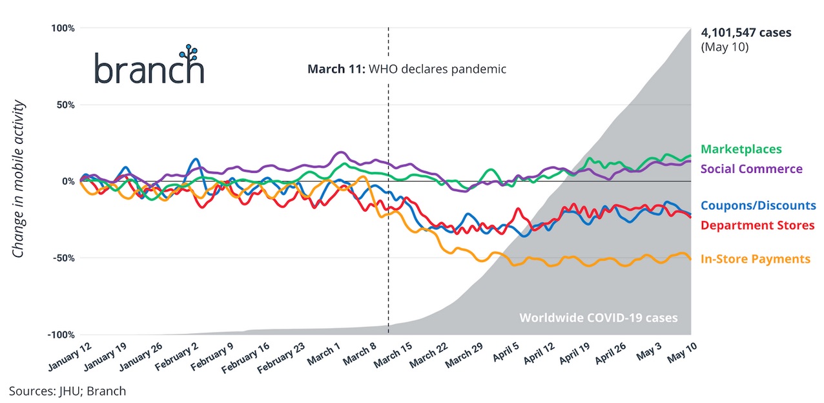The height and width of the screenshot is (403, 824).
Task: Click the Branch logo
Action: pyautogui.click(x=149, y=66)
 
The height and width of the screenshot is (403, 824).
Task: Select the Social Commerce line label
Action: pyautogui.click(x=751, y=169)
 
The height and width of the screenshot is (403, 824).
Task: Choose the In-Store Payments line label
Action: pyautogui.click(x=755, y=259)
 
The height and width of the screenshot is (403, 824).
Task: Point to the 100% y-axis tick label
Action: pyautogui.click(x=63, y=28)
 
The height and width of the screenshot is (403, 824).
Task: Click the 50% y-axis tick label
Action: pyautogui.click(x=65, y=105)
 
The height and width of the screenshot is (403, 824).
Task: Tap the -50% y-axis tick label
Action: pyautogui.click(x=64, y=258)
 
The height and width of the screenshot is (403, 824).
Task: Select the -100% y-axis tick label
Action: pyautogui.click(x=61, y=335)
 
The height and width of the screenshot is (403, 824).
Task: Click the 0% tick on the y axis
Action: pyautogui.click(x=68, y=181)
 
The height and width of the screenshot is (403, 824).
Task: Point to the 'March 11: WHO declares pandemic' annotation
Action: pyautogui.click(x=407, y=68)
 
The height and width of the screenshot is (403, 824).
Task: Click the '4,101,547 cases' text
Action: pyautogui.click(x=746, y=32)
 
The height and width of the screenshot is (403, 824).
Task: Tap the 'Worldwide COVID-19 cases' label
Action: pyautogui.click(x=599, y=318)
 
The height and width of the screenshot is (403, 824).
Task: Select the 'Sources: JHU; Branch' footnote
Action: pyautogui.click(x=67, y=391)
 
